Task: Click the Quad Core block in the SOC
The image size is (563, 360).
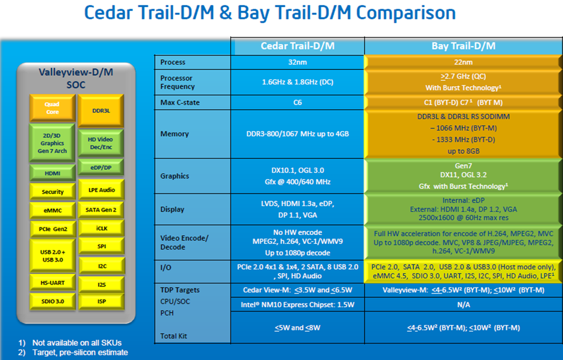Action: (52, 108)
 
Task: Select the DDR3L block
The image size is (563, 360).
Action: (101, 110)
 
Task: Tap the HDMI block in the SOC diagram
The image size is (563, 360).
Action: (52, 173)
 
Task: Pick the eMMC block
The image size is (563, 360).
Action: (52, 210)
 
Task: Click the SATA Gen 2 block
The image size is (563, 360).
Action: (101, 209)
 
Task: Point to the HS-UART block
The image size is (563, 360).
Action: (52, 283)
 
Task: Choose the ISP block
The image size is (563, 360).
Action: (101, 301)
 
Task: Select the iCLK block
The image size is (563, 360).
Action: (101, 228)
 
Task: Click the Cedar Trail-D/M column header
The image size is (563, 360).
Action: (297, 46)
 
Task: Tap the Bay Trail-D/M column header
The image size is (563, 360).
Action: (463, 46)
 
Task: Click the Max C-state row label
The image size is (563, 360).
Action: (180, 103)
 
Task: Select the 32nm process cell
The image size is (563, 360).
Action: (297, 62)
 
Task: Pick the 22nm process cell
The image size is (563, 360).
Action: (463, 62)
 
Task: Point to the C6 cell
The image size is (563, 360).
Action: (297, 103)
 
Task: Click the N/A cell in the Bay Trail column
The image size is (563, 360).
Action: (463, 304)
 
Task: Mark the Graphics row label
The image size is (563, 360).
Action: (175, 176)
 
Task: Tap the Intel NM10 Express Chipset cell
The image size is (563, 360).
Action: (297, 304)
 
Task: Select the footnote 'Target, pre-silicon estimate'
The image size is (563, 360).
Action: (80, 352)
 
